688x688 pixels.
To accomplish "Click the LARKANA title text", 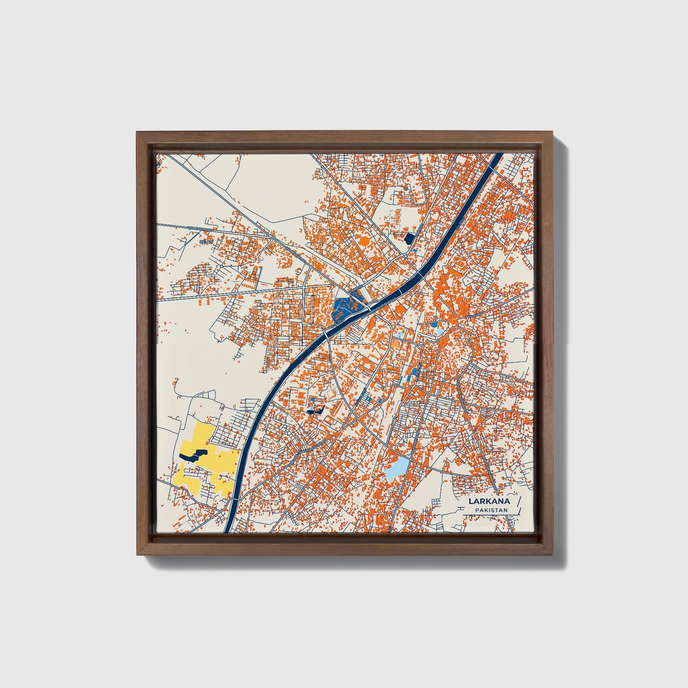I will click(489, 501).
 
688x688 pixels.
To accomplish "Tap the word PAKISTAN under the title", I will click(491, 510).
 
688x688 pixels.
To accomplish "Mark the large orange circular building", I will click(365, 241).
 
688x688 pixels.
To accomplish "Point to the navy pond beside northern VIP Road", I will click(409, 237).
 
